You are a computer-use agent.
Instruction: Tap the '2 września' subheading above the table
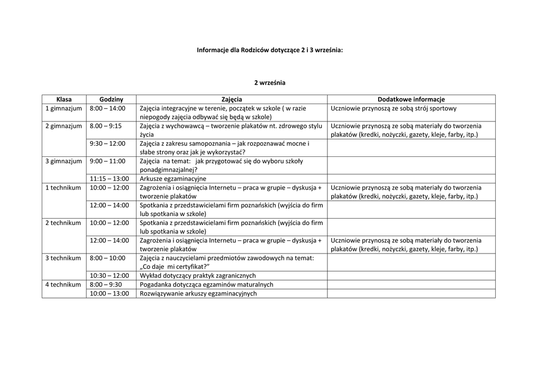click(x=269, y=82)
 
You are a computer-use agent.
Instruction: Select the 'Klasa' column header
click(x=64, y=99)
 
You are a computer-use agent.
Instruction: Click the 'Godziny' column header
click(x=111, y=99)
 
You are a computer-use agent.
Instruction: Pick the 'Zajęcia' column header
click(x=232, y=99)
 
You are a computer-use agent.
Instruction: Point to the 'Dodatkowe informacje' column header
click(x=411, y=99)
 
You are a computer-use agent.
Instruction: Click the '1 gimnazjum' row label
click(x=64, y=108)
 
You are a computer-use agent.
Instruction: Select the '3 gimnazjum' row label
click(x=64, y=161)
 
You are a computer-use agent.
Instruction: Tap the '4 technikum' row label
click(x=63, y=284)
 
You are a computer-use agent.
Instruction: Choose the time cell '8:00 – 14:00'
click(x=108, y=108)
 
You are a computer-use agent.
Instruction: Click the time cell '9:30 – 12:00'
click(x=108, y=143)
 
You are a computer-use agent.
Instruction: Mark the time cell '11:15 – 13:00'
click(x=109, y=179)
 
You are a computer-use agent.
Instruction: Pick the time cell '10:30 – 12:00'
click(x=109, y=275)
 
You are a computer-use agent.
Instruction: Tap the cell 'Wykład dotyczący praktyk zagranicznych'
click(x=198, y=275)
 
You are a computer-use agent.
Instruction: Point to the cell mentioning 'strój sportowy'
click(x=393, y=108)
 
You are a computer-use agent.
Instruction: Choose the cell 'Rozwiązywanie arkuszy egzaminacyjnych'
click(x=198, y=293)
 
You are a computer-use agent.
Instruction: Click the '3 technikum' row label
click(x=63, y=258)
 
